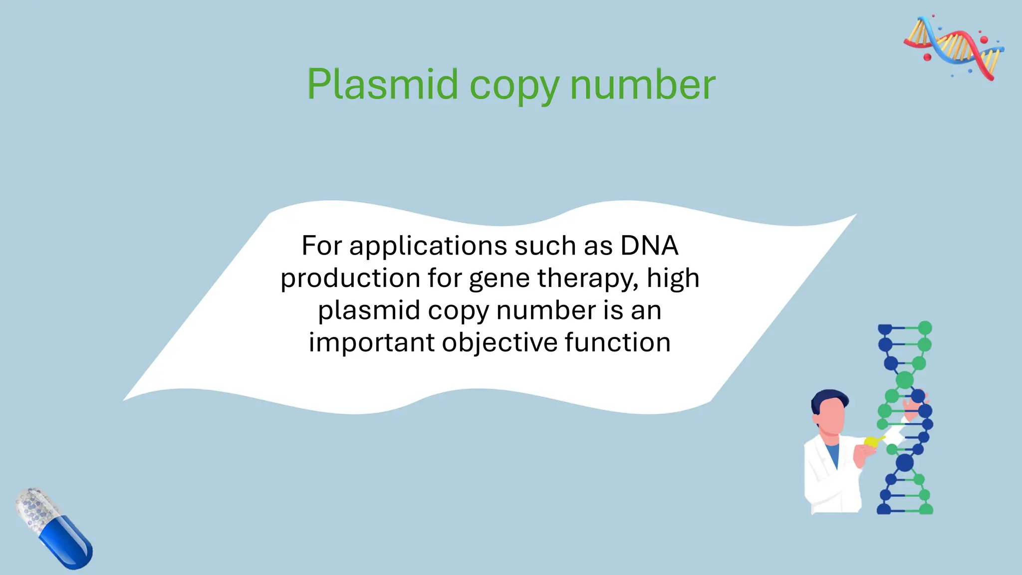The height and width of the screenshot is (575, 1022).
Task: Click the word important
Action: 371,343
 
